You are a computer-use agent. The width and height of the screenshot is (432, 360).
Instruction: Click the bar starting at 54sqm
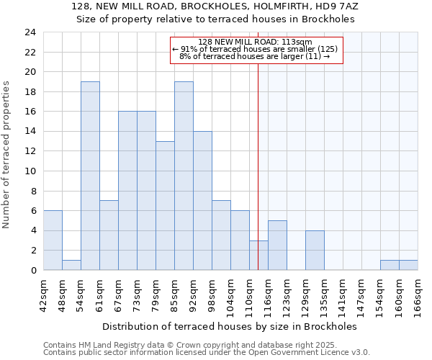90,176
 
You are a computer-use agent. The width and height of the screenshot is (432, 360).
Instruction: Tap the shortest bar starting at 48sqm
71,265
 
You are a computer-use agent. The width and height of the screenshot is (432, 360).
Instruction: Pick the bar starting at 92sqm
202,201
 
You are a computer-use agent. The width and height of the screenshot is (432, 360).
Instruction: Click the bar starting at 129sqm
315,250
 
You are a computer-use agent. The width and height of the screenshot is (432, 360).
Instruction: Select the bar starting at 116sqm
277,245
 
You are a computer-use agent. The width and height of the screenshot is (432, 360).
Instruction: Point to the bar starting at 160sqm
408,265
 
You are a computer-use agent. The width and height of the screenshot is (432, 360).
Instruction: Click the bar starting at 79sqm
165,205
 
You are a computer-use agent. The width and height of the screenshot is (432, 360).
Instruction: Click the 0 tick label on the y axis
32,271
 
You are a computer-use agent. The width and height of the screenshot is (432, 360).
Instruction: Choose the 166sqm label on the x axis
418,294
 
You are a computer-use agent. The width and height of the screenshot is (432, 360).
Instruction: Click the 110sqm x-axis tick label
249,294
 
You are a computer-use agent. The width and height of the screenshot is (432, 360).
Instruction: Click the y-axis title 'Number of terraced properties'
6,155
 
